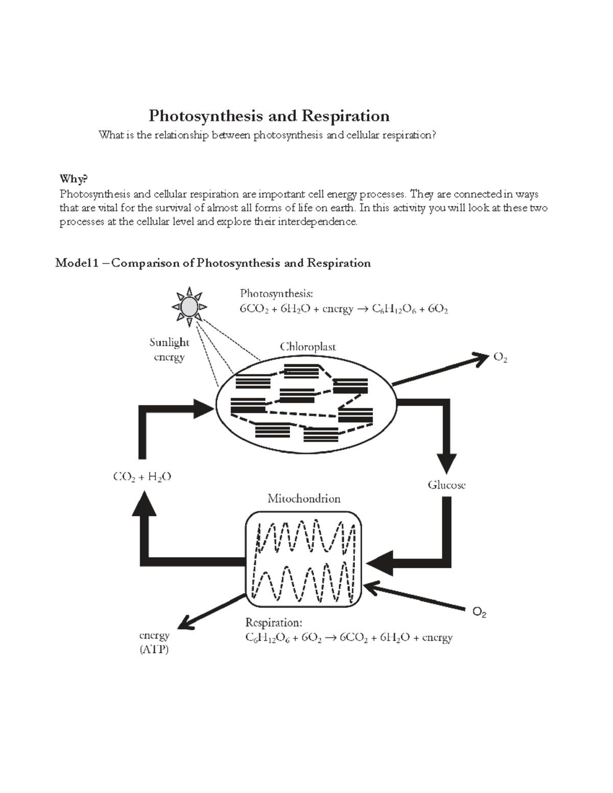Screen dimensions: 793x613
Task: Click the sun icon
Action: pyautogui.click(x=190, y=306)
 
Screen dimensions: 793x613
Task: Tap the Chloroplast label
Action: pyautogui.click(x=308, y=347)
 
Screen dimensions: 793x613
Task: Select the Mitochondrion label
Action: pyautogui.click(x=304, y=498)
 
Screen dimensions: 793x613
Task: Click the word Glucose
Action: pyautogui.click(x=446, y=485)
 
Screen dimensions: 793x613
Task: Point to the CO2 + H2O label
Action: pyautogui.click(x=142, y=477)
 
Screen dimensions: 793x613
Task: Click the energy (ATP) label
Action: pyautogui.click(x=154, y=642)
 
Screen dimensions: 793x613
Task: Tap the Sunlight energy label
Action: pyautogui.click(x=169, y=349)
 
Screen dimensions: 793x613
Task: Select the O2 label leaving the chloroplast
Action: pyautogui.click(x=500, y=358)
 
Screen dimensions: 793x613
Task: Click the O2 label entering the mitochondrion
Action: pyautogui.click(x=479, y=612)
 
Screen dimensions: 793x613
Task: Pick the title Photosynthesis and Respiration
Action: pyautogui.click(x=269, y=116)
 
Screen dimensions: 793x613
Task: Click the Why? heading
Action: pyautogui.click(x=74, y=179)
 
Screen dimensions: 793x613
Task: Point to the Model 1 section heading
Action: pyautogui.click(x=213, y=263)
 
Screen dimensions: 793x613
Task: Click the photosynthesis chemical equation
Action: pyautogui.click(x=344, y=309)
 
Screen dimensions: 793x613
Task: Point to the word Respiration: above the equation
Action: pyautogui.click(x=274, y=622)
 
